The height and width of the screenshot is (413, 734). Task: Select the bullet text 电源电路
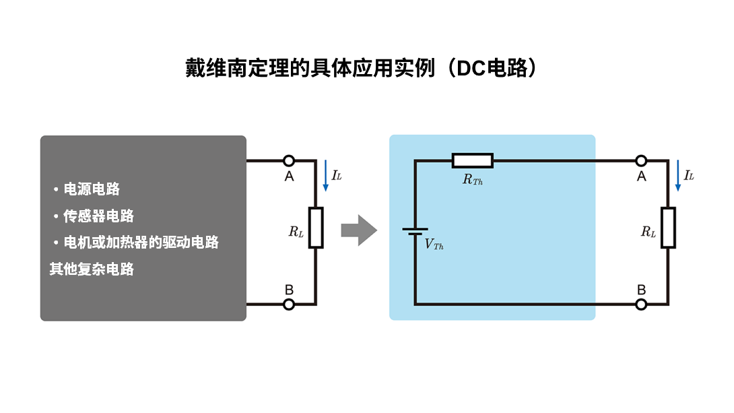point(92,189)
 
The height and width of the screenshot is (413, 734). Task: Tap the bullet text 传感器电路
point(98,216)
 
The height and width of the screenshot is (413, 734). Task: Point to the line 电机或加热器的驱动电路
point(141,242)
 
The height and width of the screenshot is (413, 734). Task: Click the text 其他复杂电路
point(92,269)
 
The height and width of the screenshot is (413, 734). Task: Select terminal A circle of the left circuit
point(289,160)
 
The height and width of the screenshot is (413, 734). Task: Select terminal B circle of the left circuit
point(289,305)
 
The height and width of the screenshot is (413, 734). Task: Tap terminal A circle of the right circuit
point(641,160)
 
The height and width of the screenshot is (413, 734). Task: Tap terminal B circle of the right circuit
point(641,305)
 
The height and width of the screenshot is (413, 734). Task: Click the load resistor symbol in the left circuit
point(316,228)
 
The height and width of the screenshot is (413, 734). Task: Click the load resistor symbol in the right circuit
point(668,228)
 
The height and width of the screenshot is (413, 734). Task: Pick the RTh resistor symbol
point(472,160)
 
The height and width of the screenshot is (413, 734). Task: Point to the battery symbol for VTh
point(415,231)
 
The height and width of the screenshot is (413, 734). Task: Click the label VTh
point(434,245)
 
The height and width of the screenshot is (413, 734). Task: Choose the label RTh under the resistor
point(472,180)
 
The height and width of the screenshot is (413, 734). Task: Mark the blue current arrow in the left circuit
point(325,175)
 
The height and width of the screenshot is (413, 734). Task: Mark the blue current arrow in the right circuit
point(677,175)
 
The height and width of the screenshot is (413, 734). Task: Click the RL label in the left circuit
point(296,232)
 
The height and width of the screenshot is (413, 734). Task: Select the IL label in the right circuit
point(689,176)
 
